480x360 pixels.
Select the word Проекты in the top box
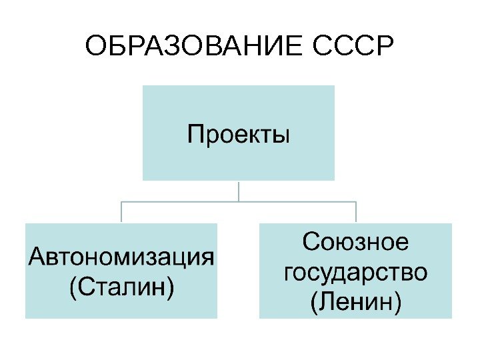coord(239,135)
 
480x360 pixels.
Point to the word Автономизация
coord(121,257)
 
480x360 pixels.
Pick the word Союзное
coord(355,242)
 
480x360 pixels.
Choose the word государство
coord(356,272)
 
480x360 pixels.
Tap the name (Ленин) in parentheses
coord(356,303)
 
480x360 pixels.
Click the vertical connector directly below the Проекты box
coord(239,191)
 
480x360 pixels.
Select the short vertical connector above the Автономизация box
coord(121,212)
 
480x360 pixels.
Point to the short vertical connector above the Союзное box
coord(356,212)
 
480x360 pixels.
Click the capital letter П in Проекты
coord(195,135)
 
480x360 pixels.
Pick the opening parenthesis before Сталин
coord(73,288)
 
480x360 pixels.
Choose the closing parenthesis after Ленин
coord(398,303)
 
